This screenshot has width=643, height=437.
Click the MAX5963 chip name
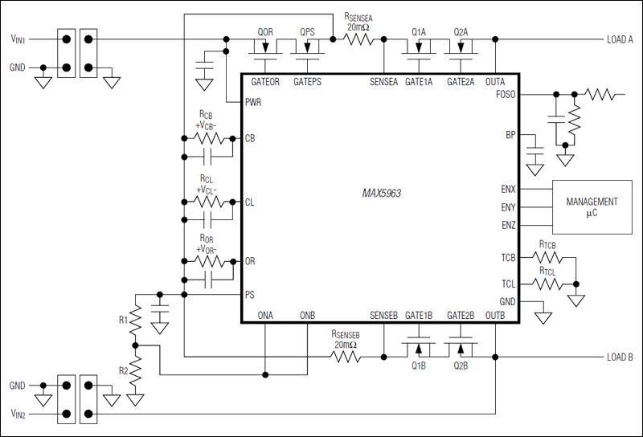[x=383, y=194]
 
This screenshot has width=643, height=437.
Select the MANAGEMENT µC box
[x=592, y=206]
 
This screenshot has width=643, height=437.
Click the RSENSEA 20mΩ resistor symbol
[x=354, y=39]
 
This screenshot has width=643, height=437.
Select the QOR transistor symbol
[x=265, y=50]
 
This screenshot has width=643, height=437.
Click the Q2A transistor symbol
[x=461, y=49]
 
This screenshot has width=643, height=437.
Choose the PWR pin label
[x=255, y=102]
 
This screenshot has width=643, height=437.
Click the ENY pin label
[x=507, y=207]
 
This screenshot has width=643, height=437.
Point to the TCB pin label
[x=507, y=259]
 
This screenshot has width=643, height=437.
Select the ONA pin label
[x=265, y=315]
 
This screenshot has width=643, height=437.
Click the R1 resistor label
[x=123, y=320]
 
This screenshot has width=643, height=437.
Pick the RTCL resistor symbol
[x=547, y=284]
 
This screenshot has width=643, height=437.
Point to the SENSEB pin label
[x=384, y=315]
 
